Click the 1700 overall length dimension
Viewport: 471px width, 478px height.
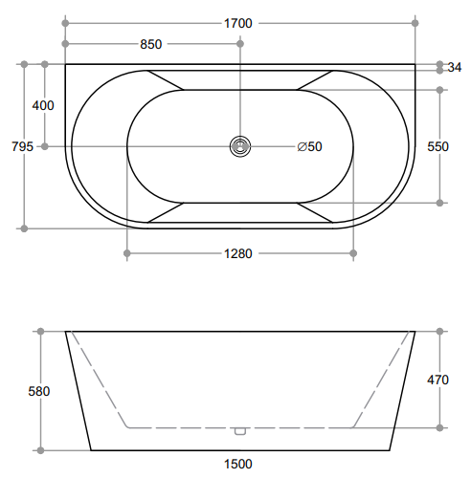click(x=239, y=21)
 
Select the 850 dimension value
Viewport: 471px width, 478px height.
click(x=151, y=44)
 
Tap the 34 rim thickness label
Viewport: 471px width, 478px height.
click(x=455, y=67)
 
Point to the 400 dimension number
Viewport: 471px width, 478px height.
click(x=43, y=105)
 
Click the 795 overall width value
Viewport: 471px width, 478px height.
click(x=21, y=146)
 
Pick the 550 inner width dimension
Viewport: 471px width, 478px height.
click(x=437, y=146)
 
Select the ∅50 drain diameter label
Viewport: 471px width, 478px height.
click(x=309, y=146)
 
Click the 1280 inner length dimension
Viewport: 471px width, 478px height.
click(x=239, y=253)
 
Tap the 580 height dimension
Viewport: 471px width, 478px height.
click(x=39, y=391)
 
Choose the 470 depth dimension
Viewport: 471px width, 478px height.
click(x=437, y=380)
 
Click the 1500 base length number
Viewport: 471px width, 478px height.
click(x=239, y=464)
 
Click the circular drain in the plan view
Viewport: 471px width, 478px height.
click(x=239, y=146)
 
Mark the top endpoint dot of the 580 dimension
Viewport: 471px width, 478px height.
click(x=40, y=332)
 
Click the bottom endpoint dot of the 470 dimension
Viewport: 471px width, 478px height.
click(x=439, y=427)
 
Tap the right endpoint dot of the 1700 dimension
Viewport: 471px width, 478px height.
click(x=415, y=21)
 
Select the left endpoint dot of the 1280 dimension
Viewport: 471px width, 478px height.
click(x=127, y=253)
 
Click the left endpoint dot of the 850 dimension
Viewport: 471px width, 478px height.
click(x=65, y=44)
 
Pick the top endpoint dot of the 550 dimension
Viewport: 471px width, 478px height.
click(x=439, y=90)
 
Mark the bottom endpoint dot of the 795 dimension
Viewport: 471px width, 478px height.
click(x=23, y=228)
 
